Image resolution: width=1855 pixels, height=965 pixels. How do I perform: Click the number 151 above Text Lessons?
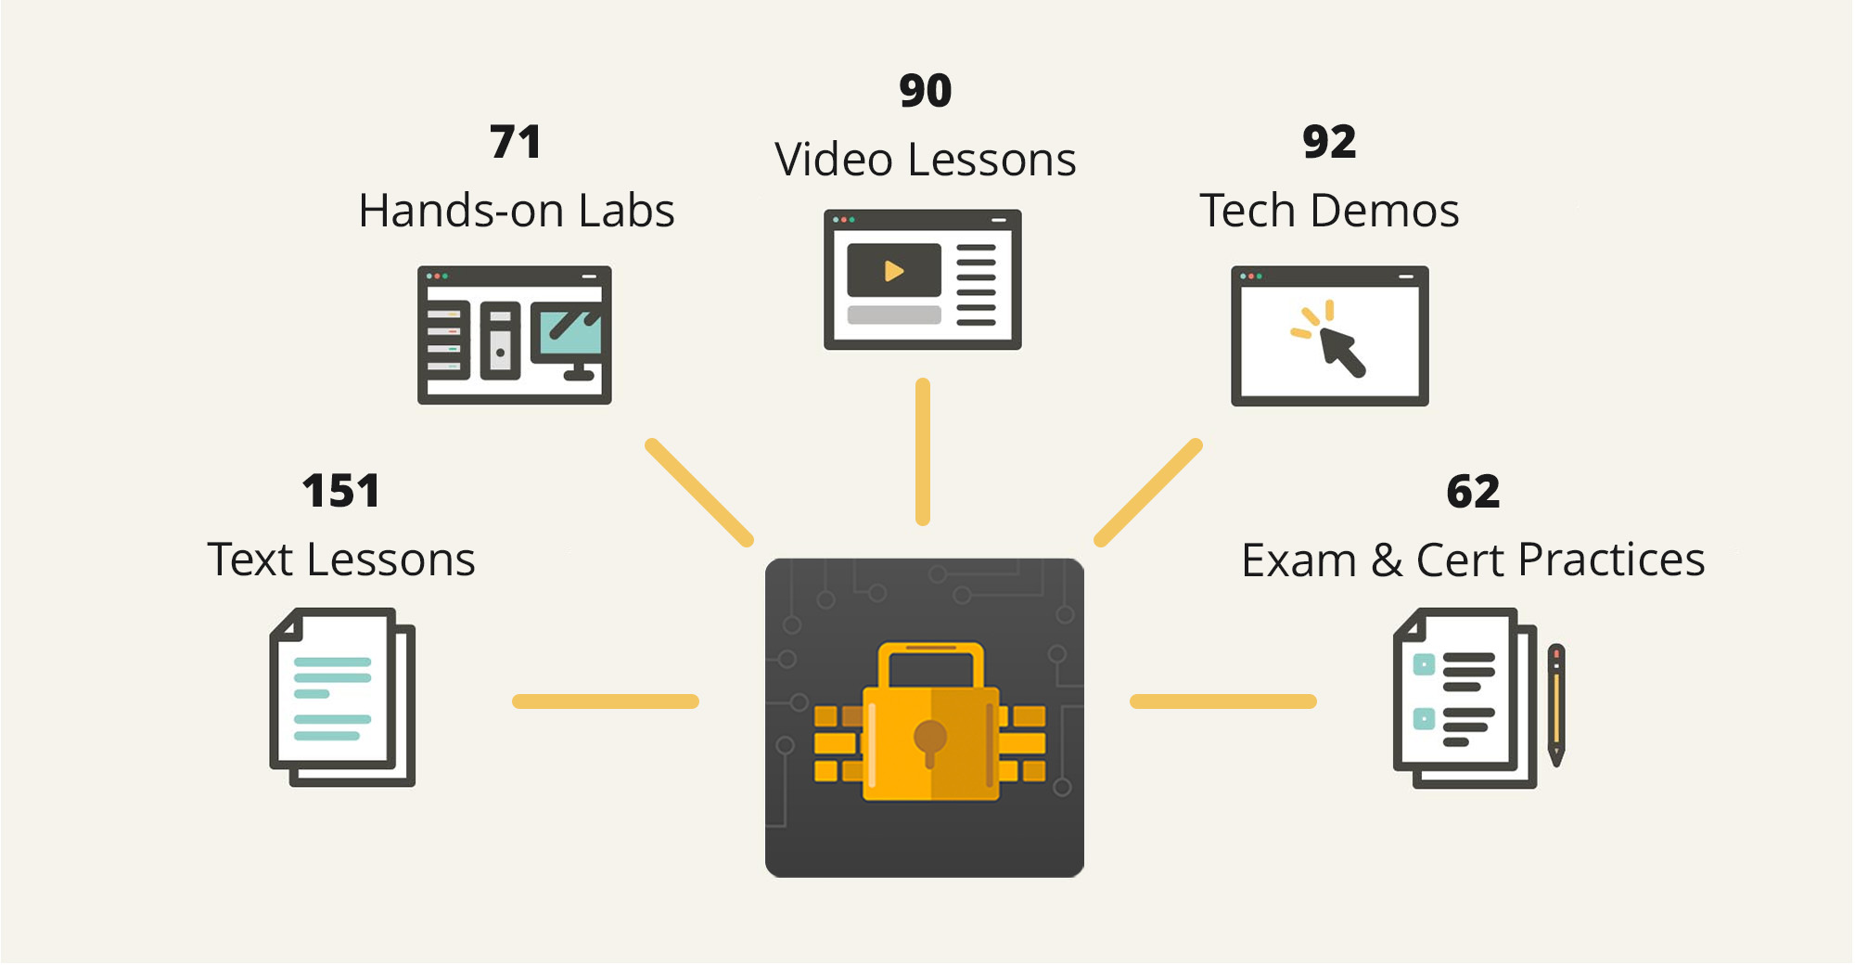[340, 491]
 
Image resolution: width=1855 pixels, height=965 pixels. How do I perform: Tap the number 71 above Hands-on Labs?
[516, 142]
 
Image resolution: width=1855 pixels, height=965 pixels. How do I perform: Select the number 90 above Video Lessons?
[925, 91]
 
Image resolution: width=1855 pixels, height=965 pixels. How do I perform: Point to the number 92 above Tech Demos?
[1329, 142]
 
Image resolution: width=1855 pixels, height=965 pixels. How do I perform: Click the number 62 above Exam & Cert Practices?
[1473, 492]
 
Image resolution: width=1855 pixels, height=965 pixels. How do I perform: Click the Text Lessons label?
[341, 560]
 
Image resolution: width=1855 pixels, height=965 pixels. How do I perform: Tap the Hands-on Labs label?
[517, 211]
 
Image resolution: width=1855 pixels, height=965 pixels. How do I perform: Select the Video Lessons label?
[925, 160]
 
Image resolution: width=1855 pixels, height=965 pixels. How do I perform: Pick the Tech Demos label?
[1329, 211]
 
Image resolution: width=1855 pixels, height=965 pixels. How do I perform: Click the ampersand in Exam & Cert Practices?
[1387, 560]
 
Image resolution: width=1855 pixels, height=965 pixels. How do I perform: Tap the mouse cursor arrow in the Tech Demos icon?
[1341, 352]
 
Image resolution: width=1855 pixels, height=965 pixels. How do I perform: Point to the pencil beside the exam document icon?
[1557, 704]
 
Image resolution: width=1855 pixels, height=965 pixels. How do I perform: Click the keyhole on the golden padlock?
[929, 740]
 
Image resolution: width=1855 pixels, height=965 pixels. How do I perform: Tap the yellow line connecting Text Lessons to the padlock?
[605, 701]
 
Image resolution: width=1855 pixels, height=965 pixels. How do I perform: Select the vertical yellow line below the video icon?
[922, 452]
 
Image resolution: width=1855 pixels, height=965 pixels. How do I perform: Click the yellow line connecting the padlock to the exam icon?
[1222, 701]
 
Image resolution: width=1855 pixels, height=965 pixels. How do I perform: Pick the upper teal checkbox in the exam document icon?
[1424, 664]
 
